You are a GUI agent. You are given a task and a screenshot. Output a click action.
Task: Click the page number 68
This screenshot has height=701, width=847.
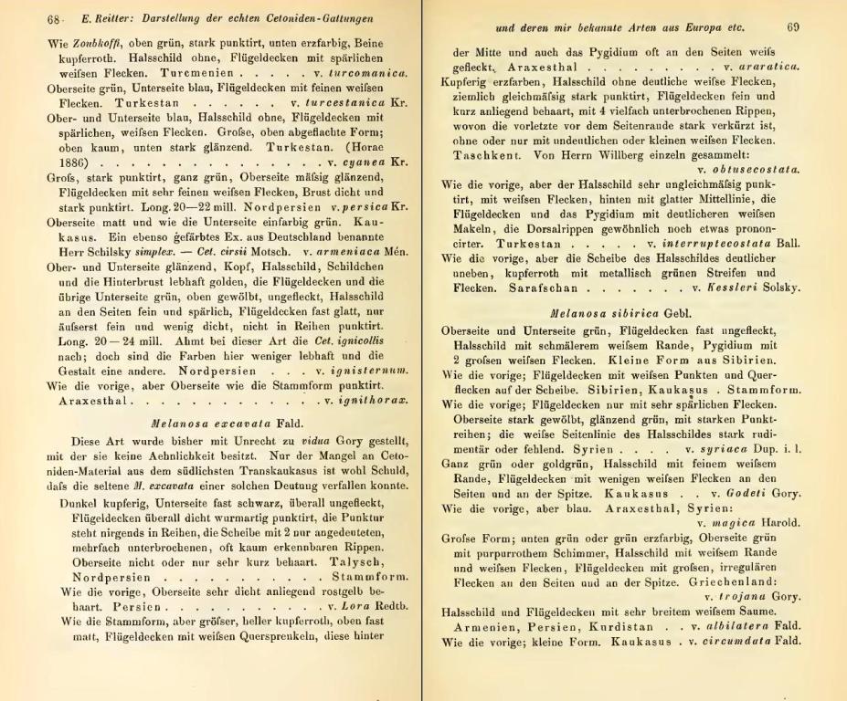(29, 20)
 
